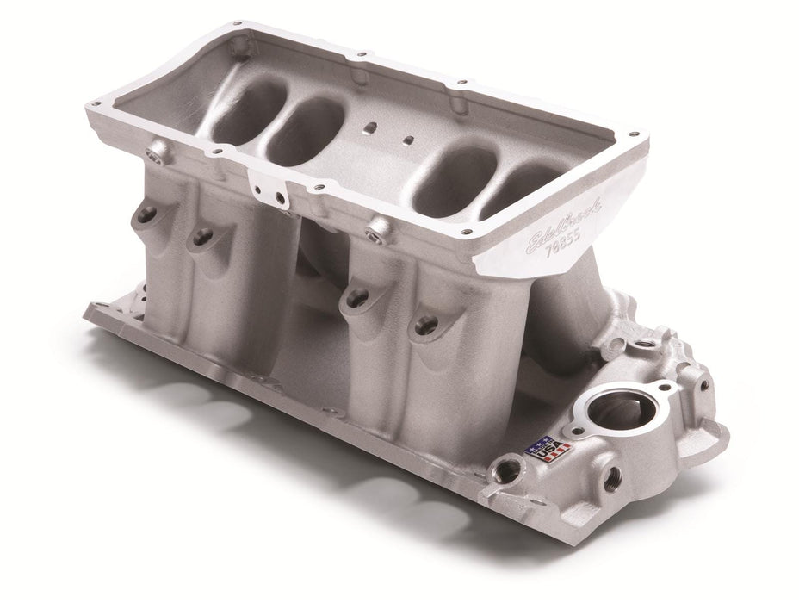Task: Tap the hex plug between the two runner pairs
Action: pos(375,230)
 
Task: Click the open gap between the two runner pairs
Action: pos(314,284)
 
